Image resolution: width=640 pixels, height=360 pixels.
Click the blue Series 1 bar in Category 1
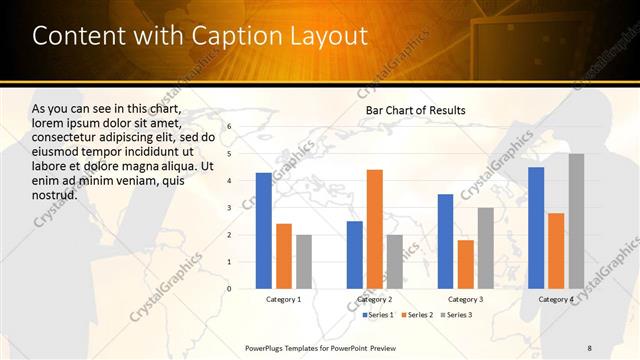pos(263,231)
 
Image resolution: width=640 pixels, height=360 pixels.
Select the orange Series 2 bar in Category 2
pos(374,229)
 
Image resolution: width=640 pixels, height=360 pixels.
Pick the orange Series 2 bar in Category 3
pos(465,264)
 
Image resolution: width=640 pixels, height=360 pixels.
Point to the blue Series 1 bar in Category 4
pos(536,228)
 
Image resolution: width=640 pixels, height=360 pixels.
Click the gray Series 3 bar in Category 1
pos(303,262)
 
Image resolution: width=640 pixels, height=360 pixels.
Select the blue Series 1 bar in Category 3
pos(445,241)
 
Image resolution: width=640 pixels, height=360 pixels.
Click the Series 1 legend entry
pos(378,315)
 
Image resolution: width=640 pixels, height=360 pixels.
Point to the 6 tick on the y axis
pos(229,127)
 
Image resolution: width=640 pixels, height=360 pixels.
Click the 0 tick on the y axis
pos(229,289)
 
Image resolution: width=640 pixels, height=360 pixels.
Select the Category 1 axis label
pos(284,299)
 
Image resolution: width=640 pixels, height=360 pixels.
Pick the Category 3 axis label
pos(465,299)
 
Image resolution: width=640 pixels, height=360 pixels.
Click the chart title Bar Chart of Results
pos(415,110)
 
